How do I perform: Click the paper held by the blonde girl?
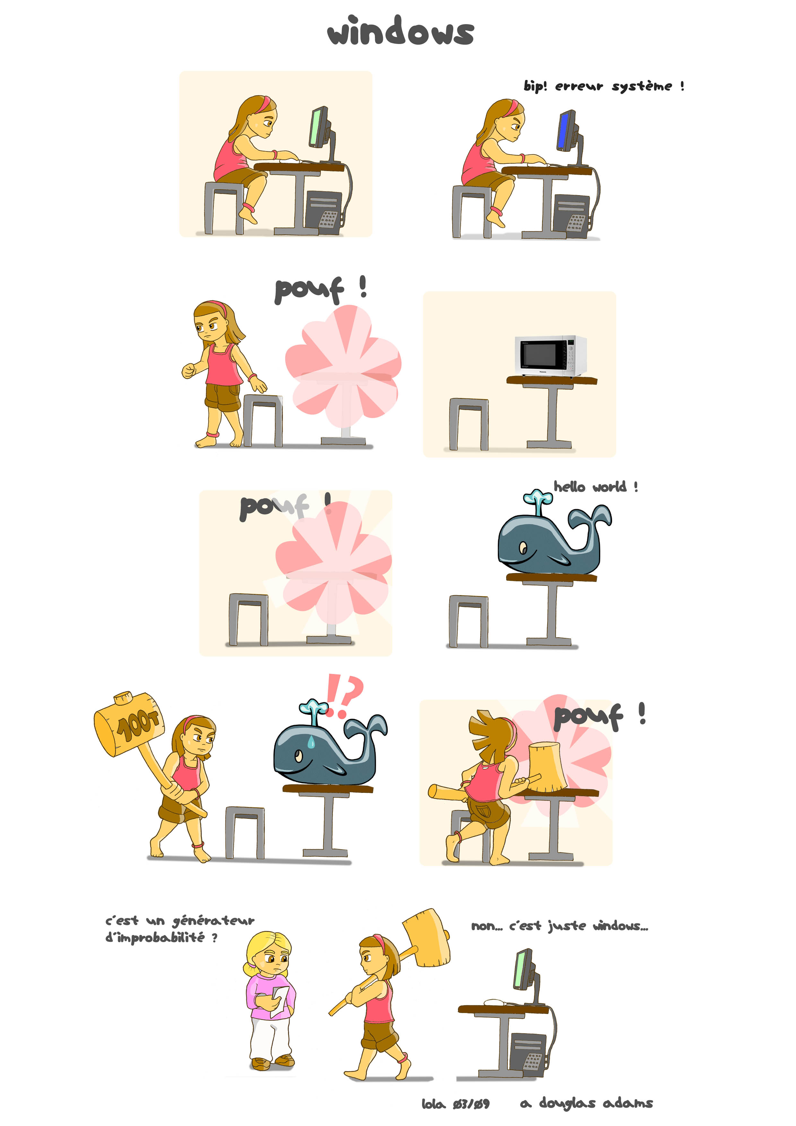coord(280,1000)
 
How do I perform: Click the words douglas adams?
coord(596,1104)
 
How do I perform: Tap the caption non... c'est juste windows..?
coord(559,926)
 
